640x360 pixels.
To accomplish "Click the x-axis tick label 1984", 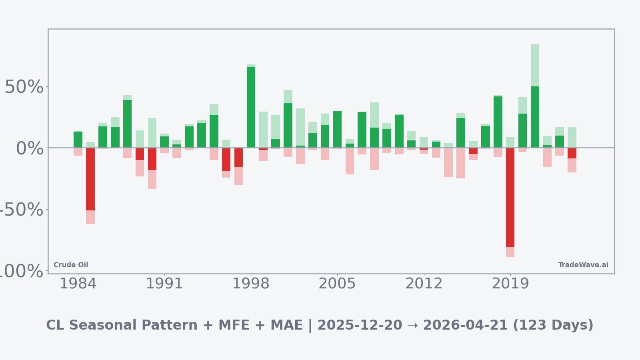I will [78, 284].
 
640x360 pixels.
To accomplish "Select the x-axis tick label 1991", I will [164, 284].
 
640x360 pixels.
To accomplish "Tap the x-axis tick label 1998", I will [251, 284].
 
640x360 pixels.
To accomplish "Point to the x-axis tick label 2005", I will [337, 284].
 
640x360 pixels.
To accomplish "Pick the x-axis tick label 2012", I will [424, 284].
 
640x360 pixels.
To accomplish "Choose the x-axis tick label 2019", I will [510, 284].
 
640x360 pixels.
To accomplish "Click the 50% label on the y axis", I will [24, 87].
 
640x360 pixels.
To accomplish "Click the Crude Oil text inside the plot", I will [71, 265].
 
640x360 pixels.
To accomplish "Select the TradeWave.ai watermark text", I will [583, 265].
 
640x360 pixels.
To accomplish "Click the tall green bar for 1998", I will [251, 107].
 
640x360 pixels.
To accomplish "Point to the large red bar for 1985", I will [90, 179].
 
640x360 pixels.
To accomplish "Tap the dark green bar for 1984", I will [78, 139].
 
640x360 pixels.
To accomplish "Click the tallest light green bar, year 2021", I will [535, 65].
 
